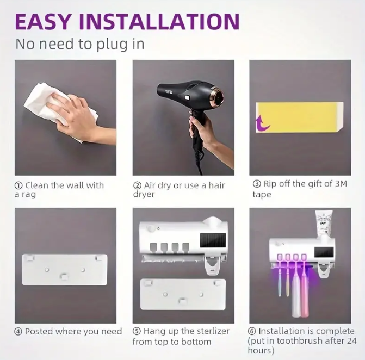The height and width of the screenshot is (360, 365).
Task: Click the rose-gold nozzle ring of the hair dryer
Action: pyautogui.click(x=218, y=96)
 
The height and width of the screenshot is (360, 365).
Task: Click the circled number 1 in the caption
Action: pyautogui.click(x=18, y=185)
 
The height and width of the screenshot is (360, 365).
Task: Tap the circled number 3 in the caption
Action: pyautogui.click(x=257, y=184)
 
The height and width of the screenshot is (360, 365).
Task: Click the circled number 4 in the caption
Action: pyautogui.click(x=18, y=331)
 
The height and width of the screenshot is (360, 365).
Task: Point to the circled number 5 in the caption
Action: pyautogui.click(x=137, y=331)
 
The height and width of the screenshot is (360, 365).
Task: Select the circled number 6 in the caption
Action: pyautogui.click(x=252, y=331)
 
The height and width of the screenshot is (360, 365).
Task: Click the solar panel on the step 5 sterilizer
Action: pyautogui.click(x=213, y=240)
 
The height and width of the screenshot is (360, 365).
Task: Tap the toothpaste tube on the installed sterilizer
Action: pyautogui.click(x=324, y=223)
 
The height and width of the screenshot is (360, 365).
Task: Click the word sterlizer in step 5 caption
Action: pyautogui.click(x=213, y=331)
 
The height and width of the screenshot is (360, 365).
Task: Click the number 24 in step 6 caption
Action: pyautogui.click(x=351, y=341)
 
